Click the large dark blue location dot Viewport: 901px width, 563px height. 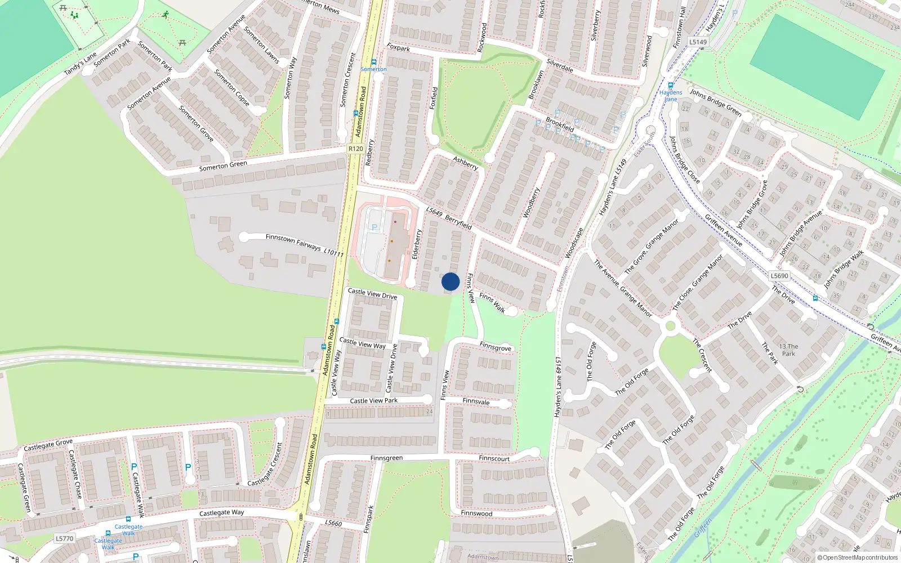tap(450, 281)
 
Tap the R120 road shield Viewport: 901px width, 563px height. tap(355, 149)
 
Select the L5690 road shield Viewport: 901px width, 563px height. tap(779, 276)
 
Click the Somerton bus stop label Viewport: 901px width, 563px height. tap(373, 69)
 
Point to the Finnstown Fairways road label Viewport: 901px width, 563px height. tap(293, 242)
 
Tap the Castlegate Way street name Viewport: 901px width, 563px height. tap(222, 513)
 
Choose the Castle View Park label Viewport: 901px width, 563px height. tap(373, 401)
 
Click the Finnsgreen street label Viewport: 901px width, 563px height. tap(386, 458)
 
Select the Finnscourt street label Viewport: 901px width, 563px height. tap(494, 458)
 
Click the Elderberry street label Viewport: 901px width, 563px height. tap(417, 244)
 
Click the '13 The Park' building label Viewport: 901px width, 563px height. tap(788, 350)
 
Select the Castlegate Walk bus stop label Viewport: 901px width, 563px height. tap(128, 530)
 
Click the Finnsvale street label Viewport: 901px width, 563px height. tap(476, 401)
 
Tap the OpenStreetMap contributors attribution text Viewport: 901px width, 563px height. tap(858, 558)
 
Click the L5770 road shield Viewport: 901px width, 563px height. tap(65, 539)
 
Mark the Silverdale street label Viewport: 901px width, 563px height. tap(560, 66)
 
